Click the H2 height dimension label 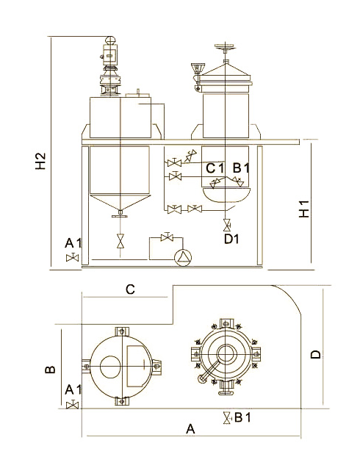tap(41, 161)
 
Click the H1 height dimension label tap(304, 209)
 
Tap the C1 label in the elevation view tap(215, 168)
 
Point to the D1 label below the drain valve tap(231, 239)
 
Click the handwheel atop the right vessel tap(225, 46)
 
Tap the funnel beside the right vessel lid tap(198, 69)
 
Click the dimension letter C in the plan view tap(130, 289)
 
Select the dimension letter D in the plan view tap(316, 354)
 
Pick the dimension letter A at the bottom tap(190, 429)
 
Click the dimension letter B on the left tap(50, 370)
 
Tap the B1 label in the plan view tap(242, 417)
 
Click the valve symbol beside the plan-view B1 tap(226, 417)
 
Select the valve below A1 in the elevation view tap(72, 257)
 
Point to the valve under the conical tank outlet tap(120, 241)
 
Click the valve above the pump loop tap(167, 237)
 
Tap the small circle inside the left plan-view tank tap(110, 367)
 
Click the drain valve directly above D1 tap(226, 225)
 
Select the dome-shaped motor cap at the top tap(110, 40)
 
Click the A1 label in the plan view tap(73, 389)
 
